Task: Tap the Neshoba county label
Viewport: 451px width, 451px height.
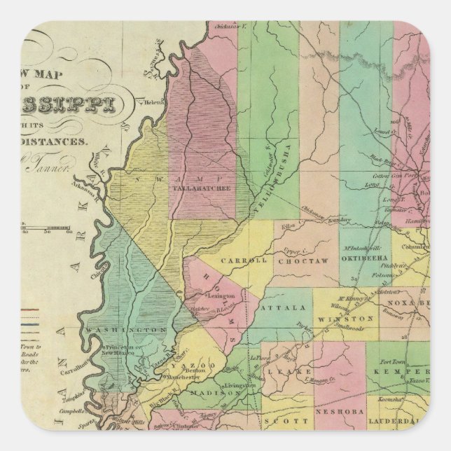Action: pyautogui.click(x=340, y=412)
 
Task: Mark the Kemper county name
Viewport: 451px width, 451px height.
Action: pyautogui.click(x=408, y=372)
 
